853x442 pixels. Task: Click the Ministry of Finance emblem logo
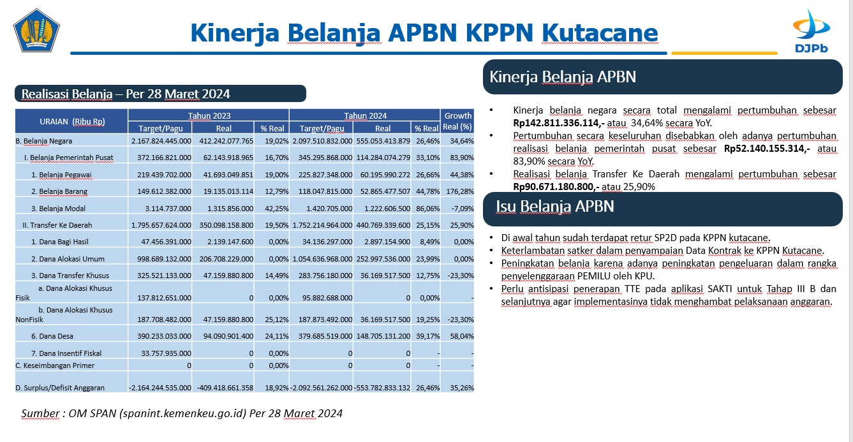pos(36,31)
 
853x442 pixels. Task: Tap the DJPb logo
pos(811,31)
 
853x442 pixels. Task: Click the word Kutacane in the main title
pos(600,33)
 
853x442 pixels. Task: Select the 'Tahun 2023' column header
pos(209,115)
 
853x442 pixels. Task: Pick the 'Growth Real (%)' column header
pos(457,121)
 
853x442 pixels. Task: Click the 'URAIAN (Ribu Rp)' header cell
pos(72,121)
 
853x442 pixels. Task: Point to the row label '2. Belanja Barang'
pos(59,191)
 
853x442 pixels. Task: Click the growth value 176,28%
pos(460,191)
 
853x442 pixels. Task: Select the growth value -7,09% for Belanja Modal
pos(463,209)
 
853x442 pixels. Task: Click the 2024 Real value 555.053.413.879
pos(383,141)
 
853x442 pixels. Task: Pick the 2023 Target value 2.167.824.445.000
pos(161,141)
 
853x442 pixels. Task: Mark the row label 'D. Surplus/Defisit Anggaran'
pos(60,388)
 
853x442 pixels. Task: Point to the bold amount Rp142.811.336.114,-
pos(559,123)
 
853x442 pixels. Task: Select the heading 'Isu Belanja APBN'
pos(555,207)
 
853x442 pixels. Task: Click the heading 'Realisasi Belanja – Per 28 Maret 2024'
pos(126,94)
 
